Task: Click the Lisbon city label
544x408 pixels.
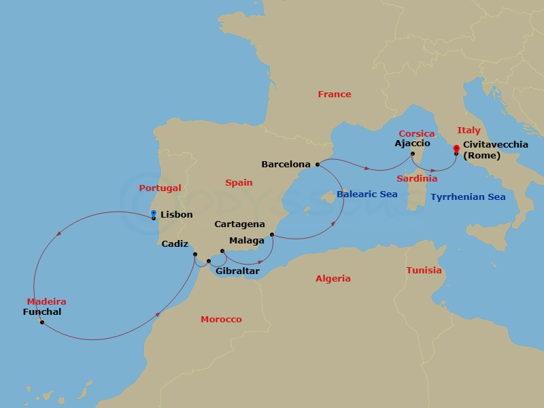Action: tap(176, 215)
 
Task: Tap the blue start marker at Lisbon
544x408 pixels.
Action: tap(154, 213)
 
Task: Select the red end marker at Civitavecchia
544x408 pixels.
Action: tap(456, 148)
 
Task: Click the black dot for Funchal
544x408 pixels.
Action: tap(42, 322)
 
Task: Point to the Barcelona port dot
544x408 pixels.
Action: tap(318, 164)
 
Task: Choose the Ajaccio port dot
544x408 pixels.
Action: tap(413, 154)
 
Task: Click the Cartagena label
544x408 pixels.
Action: tap(239, 224)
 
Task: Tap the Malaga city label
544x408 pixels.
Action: tap(247, 240)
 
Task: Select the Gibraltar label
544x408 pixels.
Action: tap(237, 271)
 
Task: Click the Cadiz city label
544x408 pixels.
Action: tap(175, 243)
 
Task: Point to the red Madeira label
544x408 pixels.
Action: tap(46, 301)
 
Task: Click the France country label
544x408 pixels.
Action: tap(335, 95)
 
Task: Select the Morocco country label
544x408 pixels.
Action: tap(221, 319)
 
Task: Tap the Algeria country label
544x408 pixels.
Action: tap(333, 278)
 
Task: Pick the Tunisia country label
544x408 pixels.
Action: tap(424, 270)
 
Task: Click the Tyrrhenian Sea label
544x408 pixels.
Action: tap(468, 197)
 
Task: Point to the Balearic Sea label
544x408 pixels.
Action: tap(367, 194)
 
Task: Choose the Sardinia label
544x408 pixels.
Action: tap(417, 179)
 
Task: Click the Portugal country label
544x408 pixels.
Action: tap(160, 188)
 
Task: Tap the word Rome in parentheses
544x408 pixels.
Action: tap(481, 156)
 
